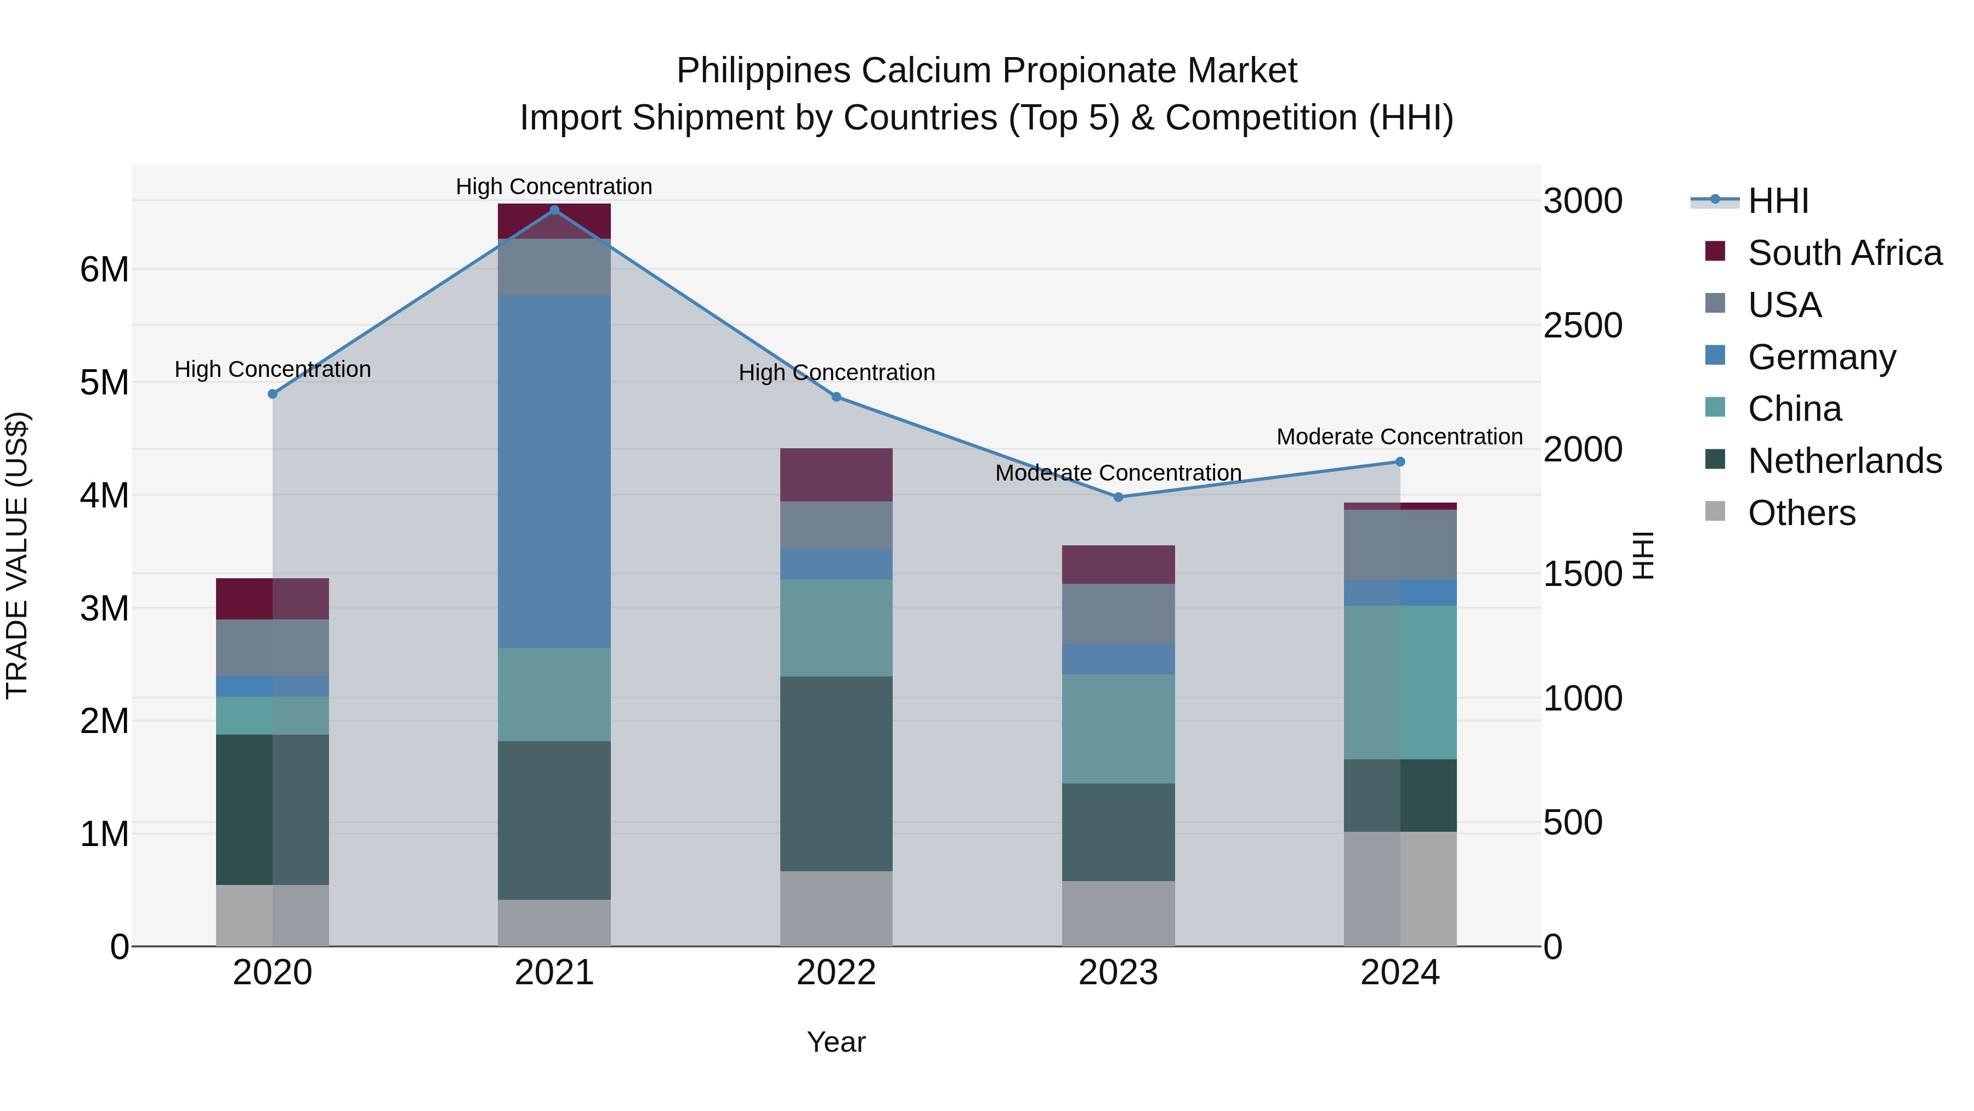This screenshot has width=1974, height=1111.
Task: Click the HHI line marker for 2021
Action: pyautogui.click(x=554, y=210)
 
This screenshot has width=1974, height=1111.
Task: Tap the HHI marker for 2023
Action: pyautogui.click(x=1118, y=497)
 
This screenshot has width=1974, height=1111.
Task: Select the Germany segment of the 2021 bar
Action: pyautogui.click(x=554, y=471)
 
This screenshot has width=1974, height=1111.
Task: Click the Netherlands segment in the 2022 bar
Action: pyautogui.click(x=836, y=773)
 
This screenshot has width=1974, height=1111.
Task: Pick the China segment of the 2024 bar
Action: pyautogui.click(x=1400, y=683)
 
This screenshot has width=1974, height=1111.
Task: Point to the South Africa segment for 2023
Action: pyautogui.click(x=1118, y=565)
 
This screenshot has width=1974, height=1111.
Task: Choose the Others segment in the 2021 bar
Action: pyautogui.click(x=554, y=922)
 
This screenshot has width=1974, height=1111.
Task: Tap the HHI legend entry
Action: pyautogui.click(x=1778, y=201)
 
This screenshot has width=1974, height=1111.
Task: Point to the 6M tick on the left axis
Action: pyautogui.click(x=104, y=270)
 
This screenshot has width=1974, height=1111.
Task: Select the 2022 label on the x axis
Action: pyautogui.click(x=836, y=973)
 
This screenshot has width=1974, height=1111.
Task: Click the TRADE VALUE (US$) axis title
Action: pyautogui.click(x=17, y=555)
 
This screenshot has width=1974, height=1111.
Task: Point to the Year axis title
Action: pyautogui.click(x=836, y=1042)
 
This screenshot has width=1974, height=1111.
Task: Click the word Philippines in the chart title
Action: pyautogui.click(x=763, y=71)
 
